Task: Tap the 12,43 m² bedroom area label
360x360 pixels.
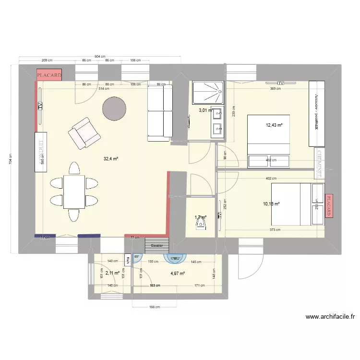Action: (x=274, y=125)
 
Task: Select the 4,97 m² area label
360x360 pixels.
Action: (x=178, y=274)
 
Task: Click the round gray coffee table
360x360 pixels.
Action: (x=114, y=108)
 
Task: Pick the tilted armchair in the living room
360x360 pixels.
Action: (x=84, y=132)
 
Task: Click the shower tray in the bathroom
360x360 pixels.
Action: (x=208, y=93)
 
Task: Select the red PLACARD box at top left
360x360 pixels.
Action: (x=49, y=75)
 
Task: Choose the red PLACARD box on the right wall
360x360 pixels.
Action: (x=329, y=206)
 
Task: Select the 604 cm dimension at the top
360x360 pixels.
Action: (x=100, y=56)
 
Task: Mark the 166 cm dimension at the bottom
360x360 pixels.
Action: (x=154, y=308)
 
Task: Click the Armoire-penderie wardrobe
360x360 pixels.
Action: (x=317, y=113)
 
